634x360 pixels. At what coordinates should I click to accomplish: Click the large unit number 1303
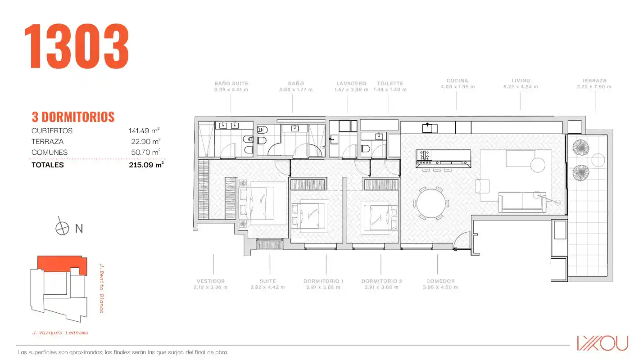pyautogui.click(x=77, y=46)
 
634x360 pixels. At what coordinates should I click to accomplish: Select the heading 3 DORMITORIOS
pyautogui.click(x=73, y=117)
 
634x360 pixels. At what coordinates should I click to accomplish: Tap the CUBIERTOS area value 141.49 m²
pyautogui.click(x=144, y=130)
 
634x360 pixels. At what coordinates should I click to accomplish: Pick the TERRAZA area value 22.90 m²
pyautogui.click(x=145, y=141)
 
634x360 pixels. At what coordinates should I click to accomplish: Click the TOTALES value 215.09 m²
pyautogui.click(x=146, y=165)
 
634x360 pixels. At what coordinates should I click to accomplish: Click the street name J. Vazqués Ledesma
pyautogui.click(x=61, y=333)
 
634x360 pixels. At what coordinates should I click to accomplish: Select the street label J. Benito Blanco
pyautogui.click(x=101, y=288)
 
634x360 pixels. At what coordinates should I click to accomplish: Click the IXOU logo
pyautogui.click(x=602, y=343)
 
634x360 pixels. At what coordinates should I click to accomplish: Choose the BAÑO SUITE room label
pyautogui.click(x=231, y=83)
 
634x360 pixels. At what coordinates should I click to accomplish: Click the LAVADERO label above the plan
pyautogui.click(x=351, y=83)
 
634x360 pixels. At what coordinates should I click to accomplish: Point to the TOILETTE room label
pyautogui.click(x=390, y=83)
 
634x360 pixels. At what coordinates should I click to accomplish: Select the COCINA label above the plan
pyautogui.click(x=457, y=81)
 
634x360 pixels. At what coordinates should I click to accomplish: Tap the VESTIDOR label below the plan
pyautogui.click(x=211, y=281)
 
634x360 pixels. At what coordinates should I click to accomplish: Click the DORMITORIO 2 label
pyautogui.click(x=381, y=281)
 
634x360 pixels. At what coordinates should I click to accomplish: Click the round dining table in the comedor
pyautogui.click(x=431, y=203)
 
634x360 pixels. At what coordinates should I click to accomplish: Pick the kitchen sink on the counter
pyautogui.click(x=430, y=128)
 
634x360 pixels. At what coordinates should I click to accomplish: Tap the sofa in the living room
pyautogui.click(x=522, y=202)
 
